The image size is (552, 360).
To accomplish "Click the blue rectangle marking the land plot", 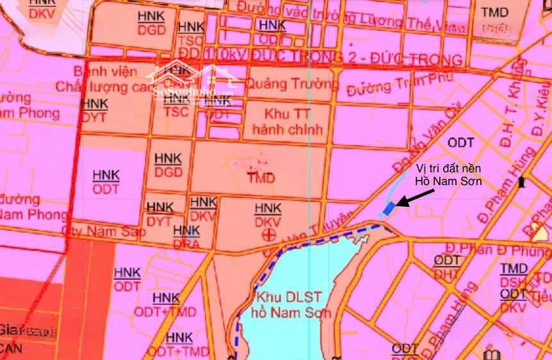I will point(388,209).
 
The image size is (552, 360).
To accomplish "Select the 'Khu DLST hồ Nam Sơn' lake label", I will point(291,305).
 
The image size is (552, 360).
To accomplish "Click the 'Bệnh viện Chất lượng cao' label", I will point(102,79).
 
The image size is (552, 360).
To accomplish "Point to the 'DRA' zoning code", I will point(186,243).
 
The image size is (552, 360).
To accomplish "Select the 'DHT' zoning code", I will point(446,274).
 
